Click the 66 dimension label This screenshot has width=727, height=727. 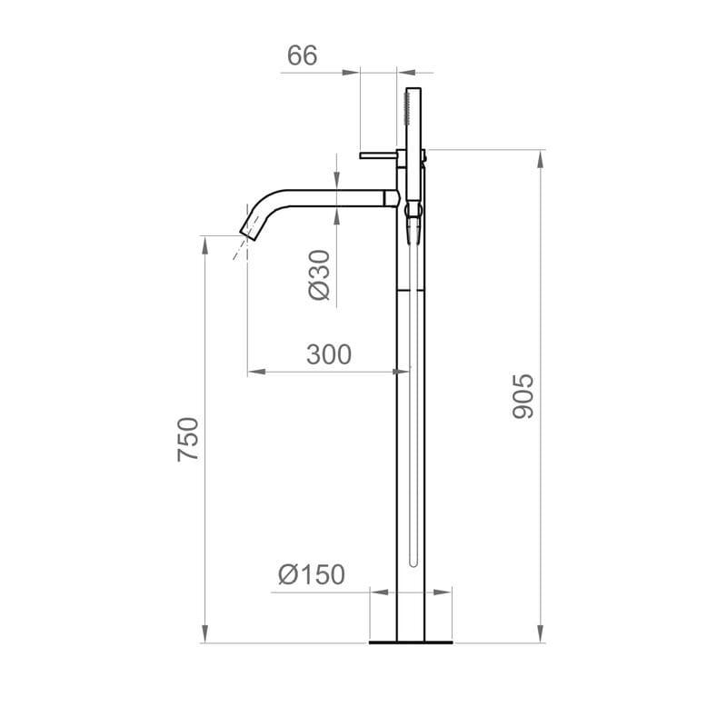click(x=302, y=55)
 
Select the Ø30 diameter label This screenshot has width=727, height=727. click(x=318, y=275)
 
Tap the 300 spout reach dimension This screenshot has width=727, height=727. click(x=328, y=354)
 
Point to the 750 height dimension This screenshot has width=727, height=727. click(x=188, y=438)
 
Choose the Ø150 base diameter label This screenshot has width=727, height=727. click(x=312, y=574)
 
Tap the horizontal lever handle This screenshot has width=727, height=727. click(x=377, y=155)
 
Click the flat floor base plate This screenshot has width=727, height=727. click(x=411, y=642)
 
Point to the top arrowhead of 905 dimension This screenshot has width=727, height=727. click(x=542, y=157)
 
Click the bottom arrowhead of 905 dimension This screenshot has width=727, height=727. click(x=542, y=635)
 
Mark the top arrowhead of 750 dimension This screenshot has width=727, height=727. click(x=204, y=244)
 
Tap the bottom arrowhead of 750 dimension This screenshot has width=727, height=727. click(x=204, y=635)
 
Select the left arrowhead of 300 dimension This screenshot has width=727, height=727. click(x=255, y=371)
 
